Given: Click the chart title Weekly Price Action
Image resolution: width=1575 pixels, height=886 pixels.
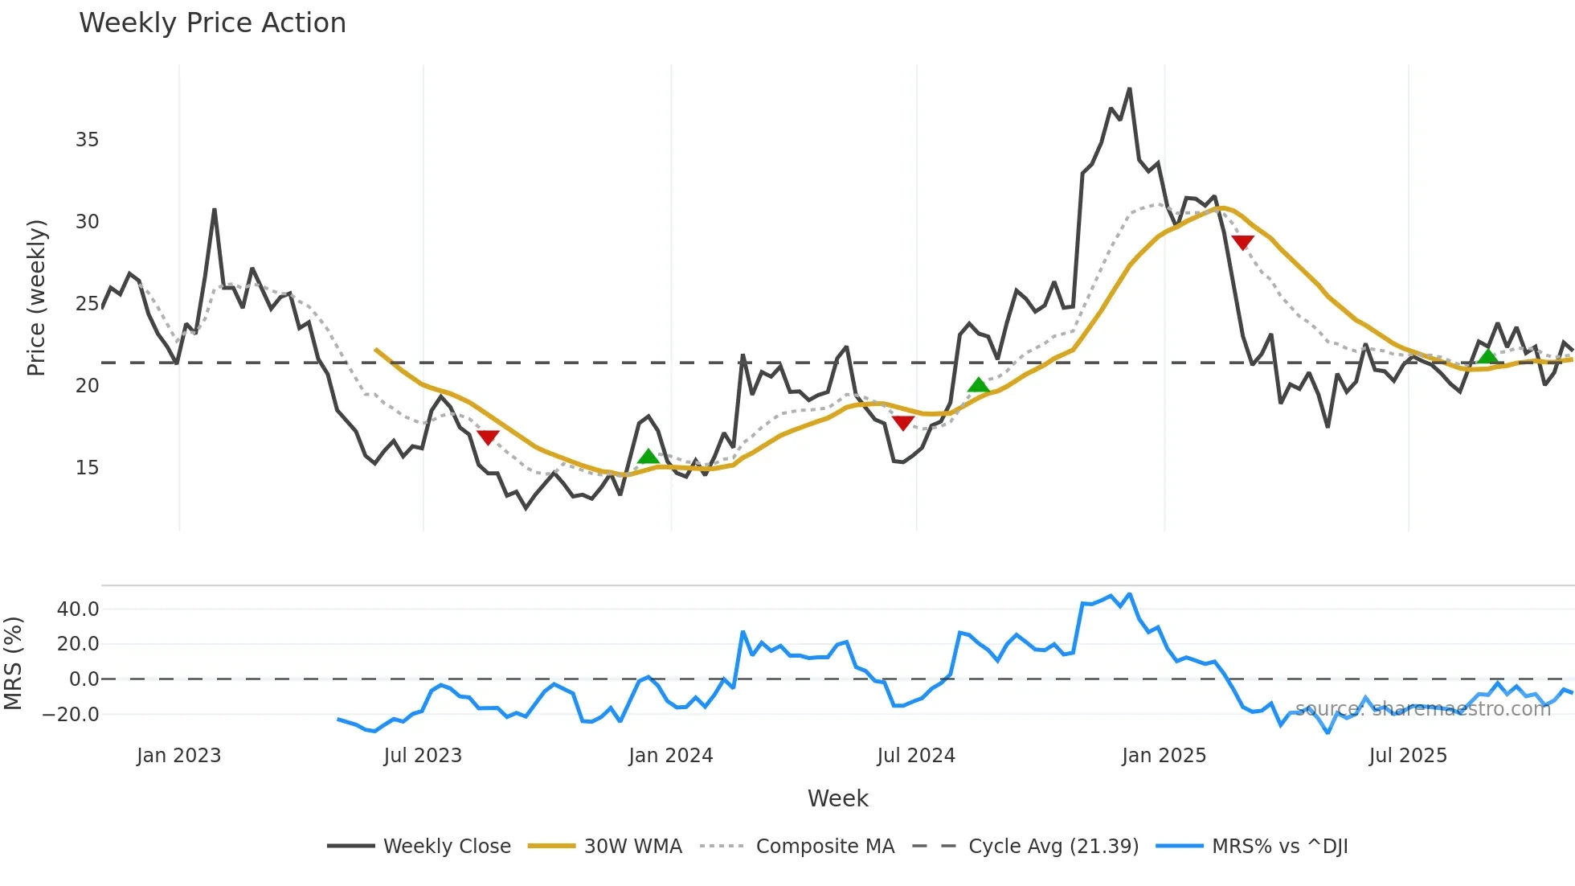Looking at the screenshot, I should pyautogui.click(x=212, y=23).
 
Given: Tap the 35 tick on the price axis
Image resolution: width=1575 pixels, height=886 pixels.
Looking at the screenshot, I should pyautogui.click(x=87, y=140).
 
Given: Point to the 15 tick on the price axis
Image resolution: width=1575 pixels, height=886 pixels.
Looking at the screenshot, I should pyautogui.click(x=87, y=468).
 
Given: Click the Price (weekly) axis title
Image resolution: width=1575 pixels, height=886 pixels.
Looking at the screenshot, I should pyautogui.click(x=37, y=297).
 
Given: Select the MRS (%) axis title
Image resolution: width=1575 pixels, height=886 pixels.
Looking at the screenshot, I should pyautogui.click(x=13, y=663).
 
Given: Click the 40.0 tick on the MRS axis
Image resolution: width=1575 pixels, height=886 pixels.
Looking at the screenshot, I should pyautogui.click(x=78, y=609).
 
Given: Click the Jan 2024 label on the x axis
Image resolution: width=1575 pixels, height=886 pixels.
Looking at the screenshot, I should pyautogui.click(x=670, y=756).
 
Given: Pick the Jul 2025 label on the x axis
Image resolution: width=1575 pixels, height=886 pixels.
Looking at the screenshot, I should pyautogui.click(x=1408, y=756).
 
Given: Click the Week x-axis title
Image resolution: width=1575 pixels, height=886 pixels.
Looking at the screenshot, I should pyautogui.click(x=837, y=798).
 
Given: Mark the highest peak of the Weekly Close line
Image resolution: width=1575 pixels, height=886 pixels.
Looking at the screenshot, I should pyautogui.click(x=1129, y=89).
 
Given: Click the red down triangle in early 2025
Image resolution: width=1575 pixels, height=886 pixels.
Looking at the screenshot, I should pyautogui.click(x=1242, y=242).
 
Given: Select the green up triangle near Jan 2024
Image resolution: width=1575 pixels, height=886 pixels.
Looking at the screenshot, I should pyautogui.click(x=648, y=457).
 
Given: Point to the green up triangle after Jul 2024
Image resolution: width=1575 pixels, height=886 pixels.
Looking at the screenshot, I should pyautogui.click(x=978, y=385).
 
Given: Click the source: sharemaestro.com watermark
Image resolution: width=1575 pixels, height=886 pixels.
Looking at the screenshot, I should pyautogui.click(x=1422, y=709).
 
